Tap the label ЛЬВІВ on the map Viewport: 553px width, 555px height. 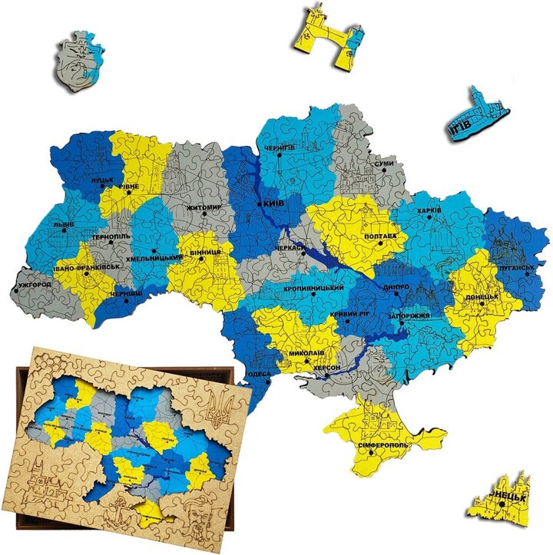[x=64, y=224]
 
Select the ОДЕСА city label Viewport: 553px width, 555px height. [x=259, y=374]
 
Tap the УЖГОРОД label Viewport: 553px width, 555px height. [x=33, y=285]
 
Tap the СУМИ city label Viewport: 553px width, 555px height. [x=384, y=164]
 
